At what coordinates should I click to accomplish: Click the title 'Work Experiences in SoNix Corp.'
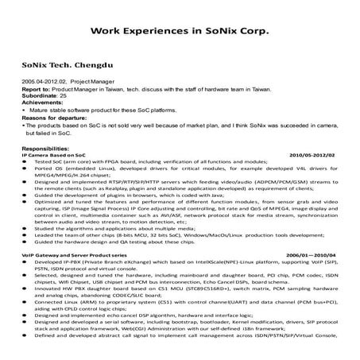[x=180, y=33]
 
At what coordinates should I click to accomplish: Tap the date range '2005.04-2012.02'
[x=44, y=82]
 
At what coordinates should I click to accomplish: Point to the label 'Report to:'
[x=37, y=89]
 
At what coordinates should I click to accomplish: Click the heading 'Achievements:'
[x=42, y=102]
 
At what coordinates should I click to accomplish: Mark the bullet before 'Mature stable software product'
[x=28, y=109]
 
